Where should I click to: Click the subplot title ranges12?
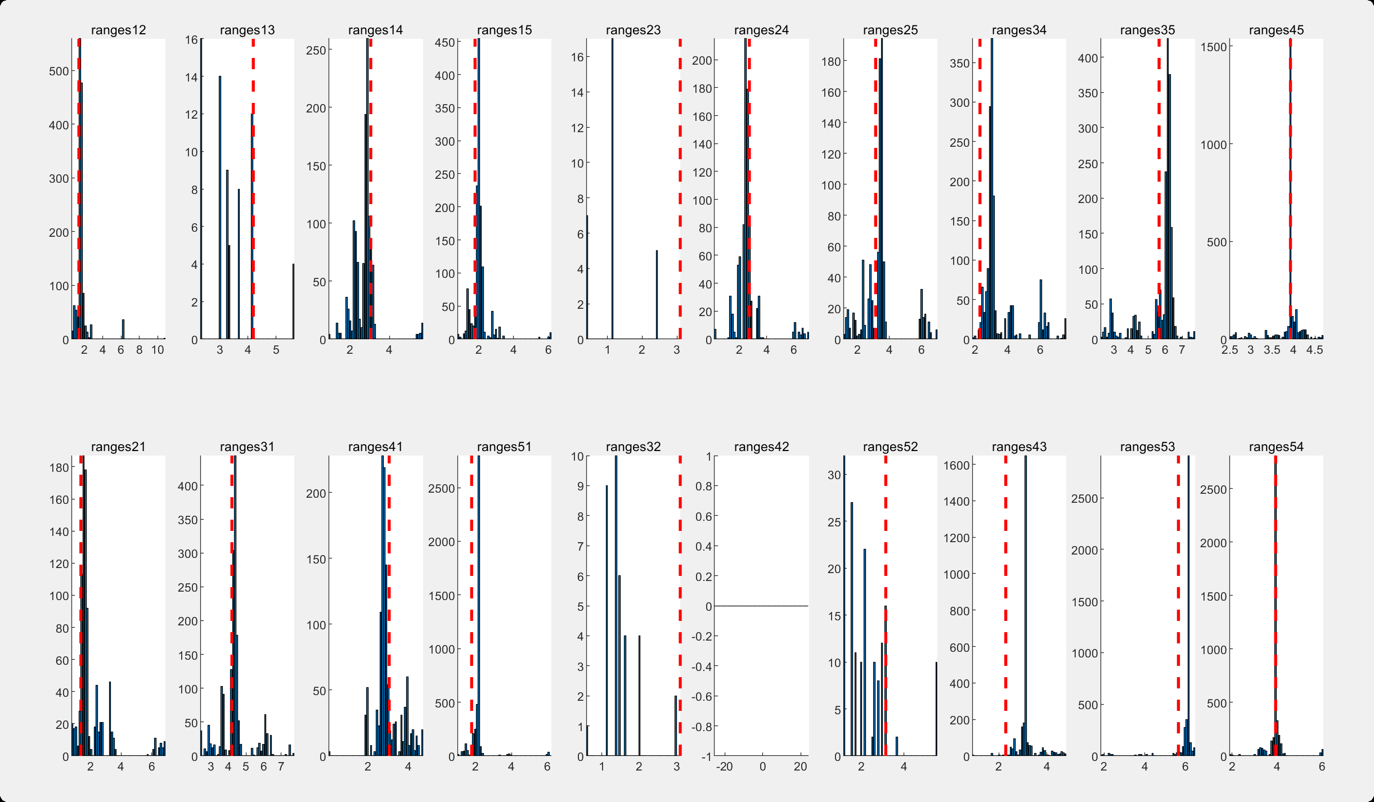point(118,30)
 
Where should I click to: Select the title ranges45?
point(1276,30)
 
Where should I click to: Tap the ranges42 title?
point(761,447)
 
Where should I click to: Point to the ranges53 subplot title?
point(1147,447)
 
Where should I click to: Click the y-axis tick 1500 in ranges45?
point(1214,47)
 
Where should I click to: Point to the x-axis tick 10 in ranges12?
point(158,350)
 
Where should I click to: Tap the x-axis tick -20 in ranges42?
point(724,767)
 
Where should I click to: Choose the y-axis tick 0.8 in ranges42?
point(703,486)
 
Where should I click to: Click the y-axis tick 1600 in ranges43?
point(957,465)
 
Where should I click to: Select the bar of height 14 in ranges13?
point(220,208)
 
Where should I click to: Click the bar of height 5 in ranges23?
point(657,295)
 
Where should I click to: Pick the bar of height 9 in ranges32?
point(607,619)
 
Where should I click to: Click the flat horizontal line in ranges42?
point(761,606)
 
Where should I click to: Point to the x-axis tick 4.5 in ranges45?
point(1314,350)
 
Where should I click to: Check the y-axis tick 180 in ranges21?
point(59,467)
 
